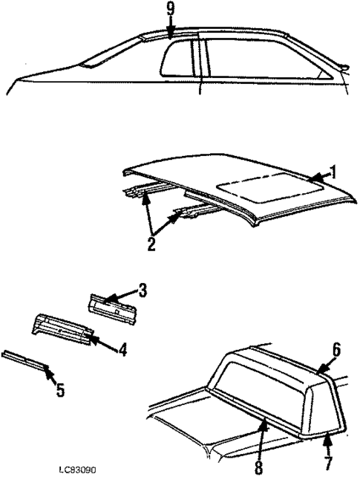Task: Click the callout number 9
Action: (170, 10)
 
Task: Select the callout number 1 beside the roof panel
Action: (334, 172)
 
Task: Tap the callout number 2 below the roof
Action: (151, 244)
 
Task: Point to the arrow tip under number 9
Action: (170, 36)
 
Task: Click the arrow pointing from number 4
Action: (99, 341)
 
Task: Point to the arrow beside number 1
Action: (318, 177)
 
